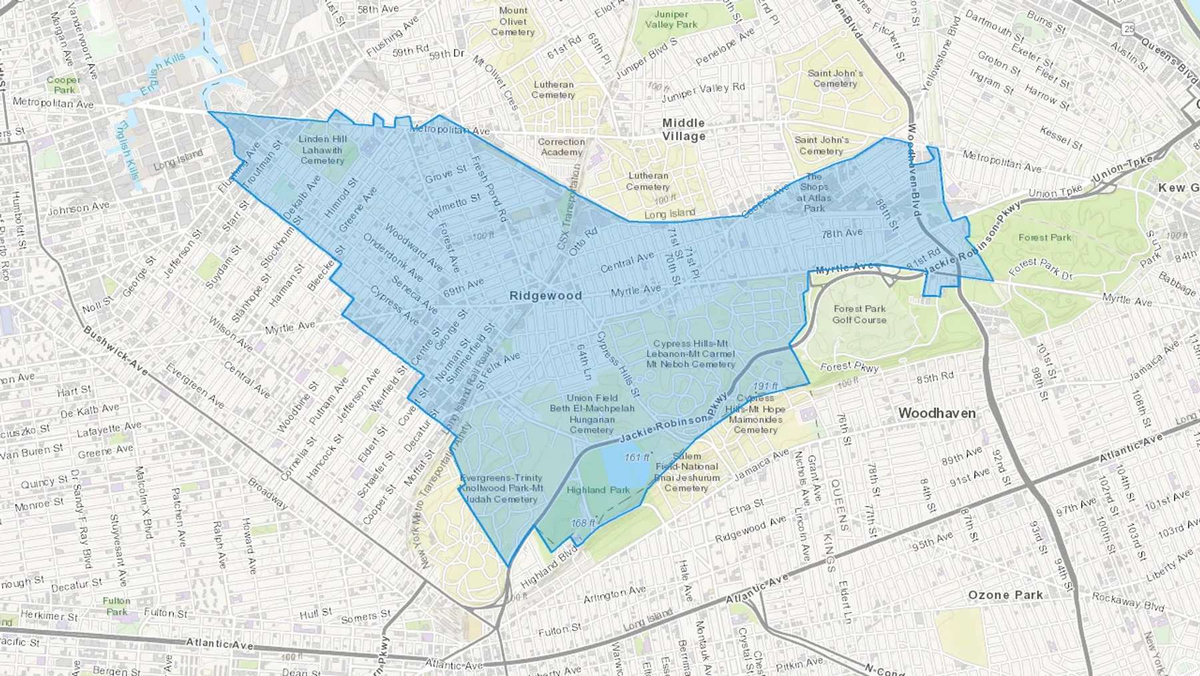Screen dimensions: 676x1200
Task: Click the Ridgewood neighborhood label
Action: click(x=545, y=296)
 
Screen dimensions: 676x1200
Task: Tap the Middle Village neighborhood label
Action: click(x=683, y=129)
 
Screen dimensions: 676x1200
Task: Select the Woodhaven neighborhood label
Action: click(x=937, y=413)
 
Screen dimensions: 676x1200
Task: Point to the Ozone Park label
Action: click(x=1005, y=595)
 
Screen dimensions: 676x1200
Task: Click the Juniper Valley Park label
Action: click(x=671, y=19)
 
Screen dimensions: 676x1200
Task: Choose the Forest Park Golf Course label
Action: click(x=859, y=314)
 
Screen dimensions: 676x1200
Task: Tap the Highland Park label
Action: click(x=598, y=490)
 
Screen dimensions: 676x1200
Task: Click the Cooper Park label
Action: click(x=64, y=85)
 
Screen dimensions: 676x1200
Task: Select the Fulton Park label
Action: click(x=117, y=606)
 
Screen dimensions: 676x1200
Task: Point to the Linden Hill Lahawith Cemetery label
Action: click(x=323, y=149)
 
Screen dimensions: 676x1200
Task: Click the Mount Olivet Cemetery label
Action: click(x=513, y=21)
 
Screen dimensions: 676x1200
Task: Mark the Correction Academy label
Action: click(x=561, y=147)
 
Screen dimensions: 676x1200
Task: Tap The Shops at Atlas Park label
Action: click(x=814, y=192)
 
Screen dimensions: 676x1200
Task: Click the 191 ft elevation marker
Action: click(x=766, y=386)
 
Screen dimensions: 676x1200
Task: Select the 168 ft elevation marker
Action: click(x=583, y=523)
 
